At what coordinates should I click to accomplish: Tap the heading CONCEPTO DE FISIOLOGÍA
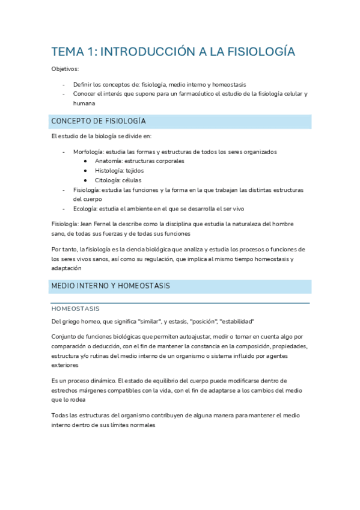[99, 121]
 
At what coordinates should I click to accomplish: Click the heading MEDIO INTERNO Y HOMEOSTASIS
[111, 286]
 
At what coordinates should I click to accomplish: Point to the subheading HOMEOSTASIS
[76, 309]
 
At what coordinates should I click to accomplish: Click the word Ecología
[85, 209]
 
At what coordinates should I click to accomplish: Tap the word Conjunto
[65, 337]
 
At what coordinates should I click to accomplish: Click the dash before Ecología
[64, 209]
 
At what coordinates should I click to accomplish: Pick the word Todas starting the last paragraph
[61, 416]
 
